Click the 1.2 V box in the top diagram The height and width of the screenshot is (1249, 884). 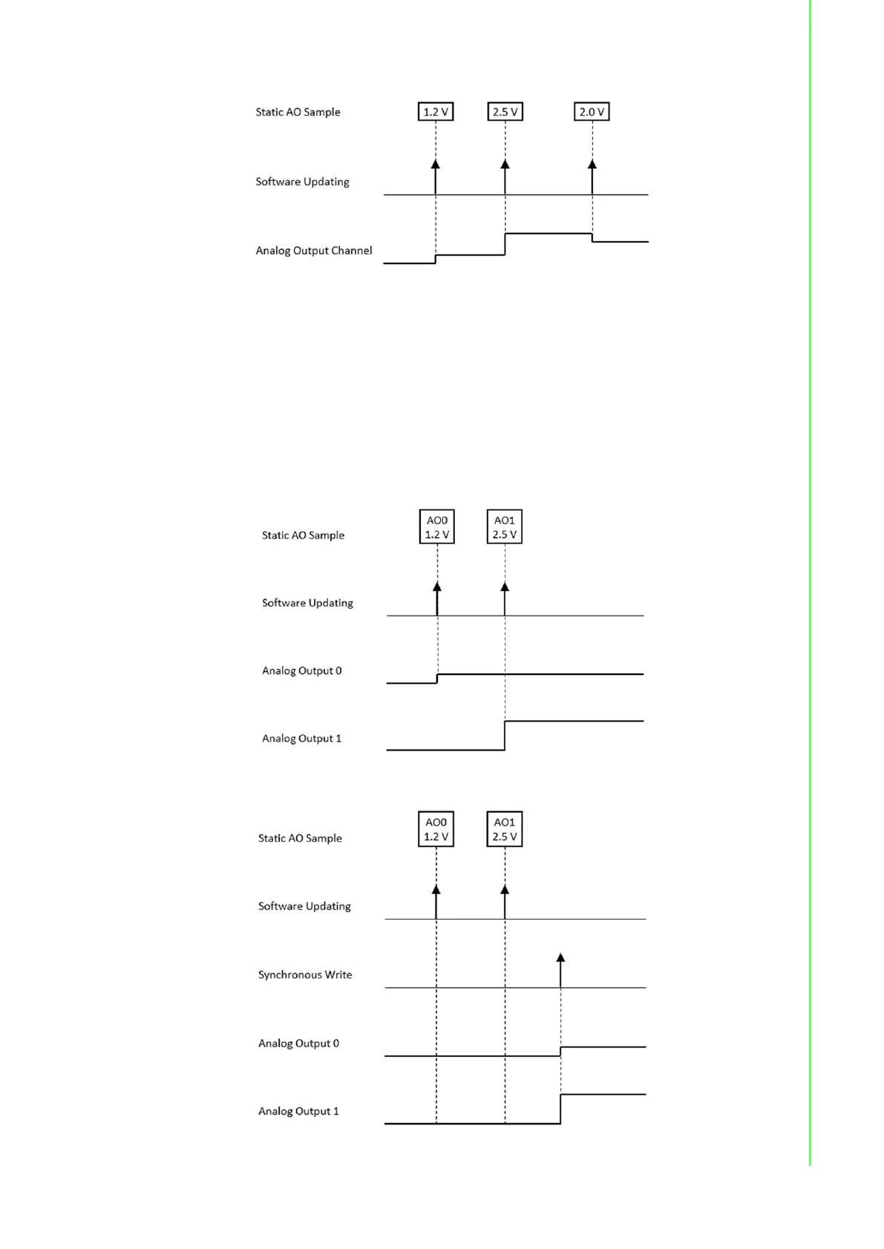pos(436,112)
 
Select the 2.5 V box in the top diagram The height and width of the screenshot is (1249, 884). pos(505,112)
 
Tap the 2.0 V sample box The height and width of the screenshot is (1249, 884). pos(592,112)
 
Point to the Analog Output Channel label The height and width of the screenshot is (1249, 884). pos(314,251)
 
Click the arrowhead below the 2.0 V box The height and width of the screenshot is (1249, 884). pos(592,164)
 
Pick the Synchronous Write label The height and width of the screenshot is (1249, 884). pos(305,975)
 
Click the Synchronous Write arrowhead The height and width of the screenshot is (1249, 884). pos(560,958)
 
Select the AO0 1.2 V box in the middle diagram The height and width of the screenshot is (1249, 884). pos(437,527)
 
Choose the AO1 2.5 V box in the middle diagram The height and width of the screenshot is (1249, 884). pos(505,527)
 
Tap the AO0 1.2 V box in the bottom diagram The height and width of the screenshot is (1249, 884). pos(436,829)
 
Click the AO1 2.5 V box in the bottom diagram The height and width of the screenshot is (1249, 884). pos(505,829)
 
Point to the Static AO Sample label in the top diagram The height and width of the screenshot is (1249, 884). pos(298,112)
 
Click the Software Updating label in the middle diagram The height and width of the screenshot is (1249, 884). pos(307,603)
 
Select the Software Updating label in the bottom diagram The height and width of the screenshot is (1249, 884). pos(304,906)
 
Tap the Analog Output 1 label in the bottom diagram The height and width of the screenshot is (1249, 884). pos(298,1111)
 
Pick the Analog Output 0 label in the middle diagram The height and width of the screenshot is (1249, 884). pos(301,670)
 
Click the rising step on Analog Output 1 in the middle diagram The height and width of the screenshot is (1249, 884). pos(505,735)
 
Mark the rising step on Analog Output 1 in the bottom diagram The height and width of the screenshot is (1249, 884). pos(560,1109)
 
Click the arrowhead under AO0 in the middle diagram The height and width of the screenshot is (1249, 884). pos(437,587)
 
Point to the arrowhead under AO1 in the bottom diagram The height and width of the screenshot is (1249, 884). pos(505,890)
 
